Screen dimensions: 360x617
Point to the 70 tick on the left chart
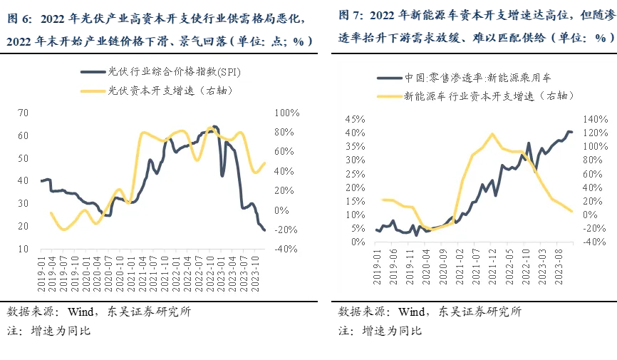click(x=23, y=113)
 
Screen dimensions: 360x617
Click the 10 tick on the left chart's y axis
click(x=23, y=249)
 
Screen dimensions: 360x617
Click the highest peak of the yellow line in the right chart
click(x=492, y=133)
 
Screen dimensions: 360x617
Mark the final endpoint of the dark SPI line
click(x=265, y=230)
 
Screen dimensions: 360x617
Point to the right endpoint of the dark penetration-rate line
click(x=572, y=132)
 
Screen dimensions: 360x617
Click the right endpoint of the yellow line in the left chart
click(x=265, y=163)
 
